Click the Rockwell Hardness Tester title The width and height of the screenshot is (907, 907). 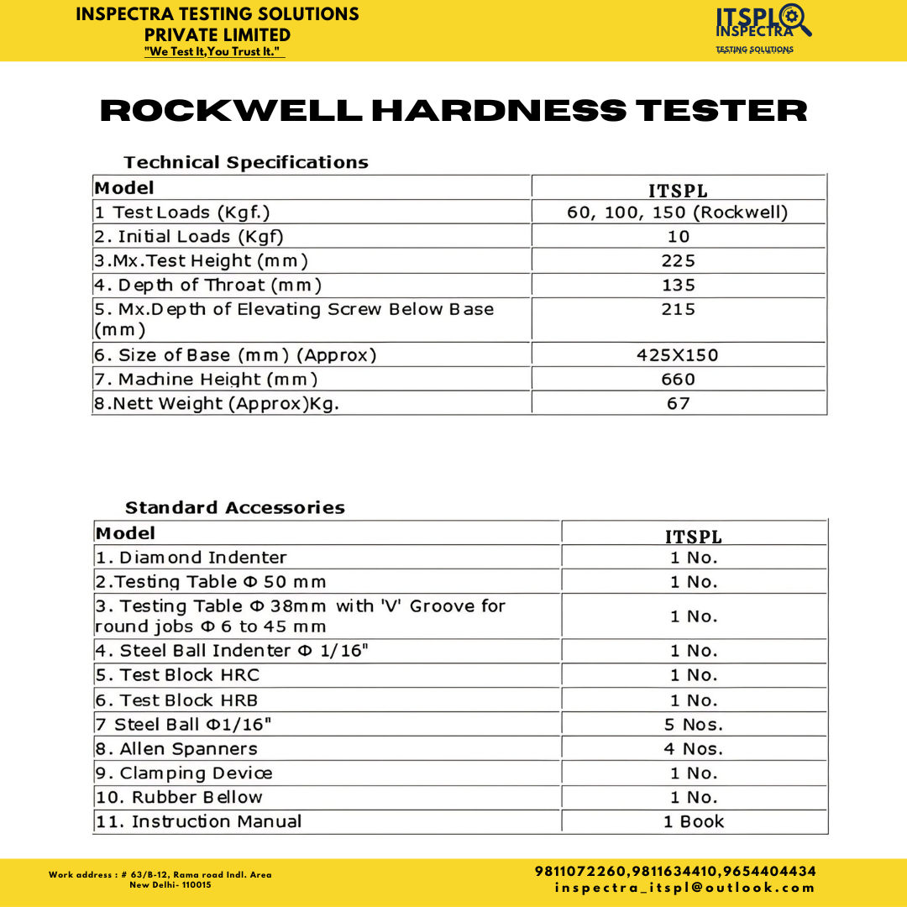[x=453, y=110]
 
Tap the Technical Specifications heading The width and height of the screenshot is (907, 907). [x=246, y=162]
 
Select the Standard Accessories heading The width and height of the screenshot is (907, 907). [x=235, y=507]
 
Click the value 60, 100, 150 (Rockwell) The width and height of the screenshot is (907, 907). [x=678, y=212]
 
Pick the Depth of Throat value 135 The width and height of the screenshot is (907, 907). [x=679, y=286]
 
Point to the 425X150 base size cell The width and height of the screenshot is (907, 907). [x=678, y=355]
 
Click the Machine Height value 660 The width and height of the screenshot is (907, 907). [x=678, y=380]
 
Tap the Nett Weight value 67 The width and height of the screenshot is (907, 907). [x=678, y=404]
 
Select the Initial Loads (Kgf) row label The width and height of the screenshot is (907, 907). [x=189, y=237]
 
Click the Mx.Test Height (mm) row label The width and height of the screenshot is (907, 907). [x=201, y=261]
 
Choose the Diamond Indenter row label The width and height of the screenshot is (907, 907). [x=191, y=558]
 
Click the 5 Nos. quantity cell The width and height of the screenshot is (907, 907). [x=694, y=725]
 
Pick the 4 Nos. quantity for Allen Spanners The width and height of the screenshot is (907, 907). [x=694, y=749]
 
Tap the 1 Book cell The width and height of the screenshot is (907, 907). [x=694, y=822]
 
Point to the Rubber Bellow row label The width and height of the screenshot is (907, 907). [x=179, y=797]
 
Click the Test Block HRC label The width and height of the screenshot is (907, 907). [x=177, y=675]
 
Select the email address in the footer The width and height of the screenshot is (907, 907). [x=684, y=888]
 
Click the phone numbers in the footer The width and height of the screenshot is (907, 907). [x=675, y=872]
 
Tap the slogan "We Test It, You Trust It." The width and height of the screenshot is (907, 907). [x=214, y=52]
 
